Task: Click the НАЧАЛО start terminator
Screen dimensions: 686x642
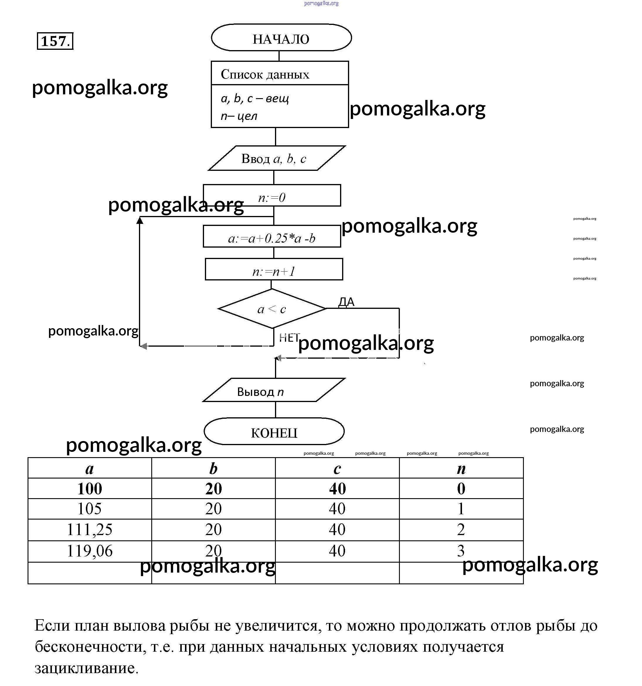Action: pos(281,38)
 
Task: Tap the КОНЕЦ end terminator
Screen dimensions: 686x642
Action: pos(274,432)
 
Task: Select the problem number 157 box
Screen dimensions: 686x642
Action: pos(55,41)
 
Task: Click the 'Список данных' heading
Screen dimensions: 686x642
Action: pos(265,74)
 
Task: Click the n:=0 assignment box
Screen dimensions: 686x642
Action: pos(272,196)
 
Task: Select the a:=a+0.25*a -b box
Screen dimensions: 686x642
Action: pos(272,237)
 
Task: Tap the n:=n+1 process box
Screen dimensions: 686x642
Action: pos(274,270)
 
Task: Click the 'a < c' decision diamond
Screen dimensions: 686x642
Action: pos(272,309)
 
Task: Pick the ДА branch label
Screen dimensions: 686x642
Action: pos(347,302)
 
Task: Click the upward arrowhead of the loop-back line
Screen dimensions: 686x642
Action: pos(140,220)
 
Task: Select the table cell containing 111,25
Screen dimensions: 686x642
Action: pos(89,529)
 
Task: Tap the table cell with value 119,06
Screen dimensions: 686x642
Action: pos(89,551)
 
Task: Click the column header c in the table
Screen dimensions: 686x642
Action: pos(337,468)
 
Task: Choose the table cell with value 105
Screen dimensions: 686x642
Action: pos(89,509)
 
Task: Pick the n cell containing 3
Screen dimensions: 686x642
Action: pos(461,551)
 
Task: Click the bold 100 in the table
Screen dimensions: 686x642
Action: pos(89,488)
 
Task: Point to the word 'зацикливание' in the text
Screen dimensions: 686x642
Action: pos(86,668)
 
